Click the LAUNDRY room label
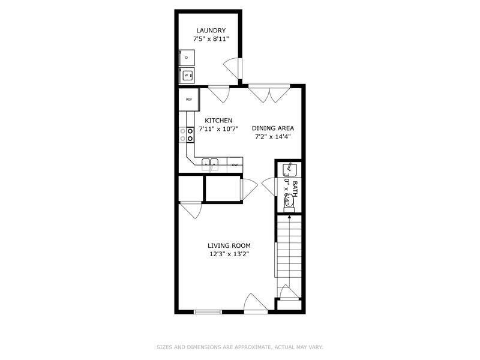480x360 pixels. click(x=211, y=31)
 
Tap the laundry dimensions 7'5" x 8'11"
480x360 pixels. click(x=211, y=39)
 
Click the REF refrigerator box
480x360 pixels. click(x=188, y=100)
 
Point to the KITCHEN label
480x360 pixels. click(x=218, y=121)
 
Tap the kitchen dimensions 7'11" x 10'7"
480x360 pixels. click(x=218, y=129)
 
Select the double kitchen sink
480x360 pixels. click(x=210, y=163)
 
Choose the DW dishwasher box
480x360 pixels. click(x=235, y=164)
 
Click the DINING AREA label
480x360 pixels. click(x=273, y=128)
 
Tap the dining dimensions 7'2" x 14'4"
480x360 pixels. click(x=273, y=136)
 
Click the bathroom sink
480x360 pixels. click(x=289, y=168)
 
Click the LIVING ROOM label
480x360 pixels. click(x=229, y=245)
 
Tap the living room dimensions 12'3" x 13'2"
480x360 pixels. click(x=229, y=254)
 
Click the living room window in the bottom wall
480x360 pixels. click(x=208, y=311)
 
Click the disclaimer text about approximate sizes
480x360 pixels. click(x=239, y=347)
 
